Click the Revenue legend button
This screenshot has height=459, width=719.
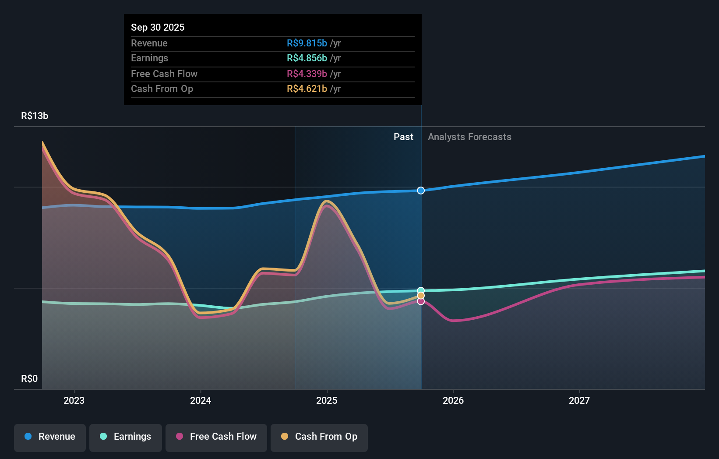tap(50, 437)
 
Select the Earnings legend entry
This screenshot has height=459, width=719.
tap(126, 437)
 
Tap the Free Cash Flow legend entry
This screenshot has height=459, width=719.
tap(216, 437)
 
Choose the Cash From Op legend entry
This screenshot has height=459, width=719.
tap(319, 437)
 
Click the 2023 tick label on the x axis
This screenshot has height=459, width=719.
tap(74, 400)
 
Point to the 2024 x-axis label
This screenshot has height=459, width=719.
tap(201, 400)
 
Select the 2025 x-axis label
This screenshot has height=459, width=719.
tap(327, 400)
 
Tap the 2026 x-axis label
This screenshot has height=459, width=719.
tap(453, 400)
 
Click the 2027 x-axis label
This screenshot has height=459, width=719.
tap(579, 400)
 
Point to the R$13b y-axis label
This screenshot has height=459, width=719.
tap(35, 116)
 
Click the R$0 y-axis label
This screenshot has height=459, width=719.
tap(29, 379)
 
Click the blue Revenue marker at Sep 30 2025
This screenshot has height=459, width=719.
tap(421, 191)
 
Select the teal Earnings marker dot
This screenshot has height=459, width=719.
tap(421, 290)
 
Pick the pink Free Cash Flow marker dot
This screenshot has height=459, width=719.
tap(421, 301)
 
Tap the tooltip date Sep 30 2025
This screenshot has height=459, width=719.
tap(158, 27)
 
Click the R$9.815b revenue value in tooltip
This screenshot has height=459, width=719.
tap(307, 43)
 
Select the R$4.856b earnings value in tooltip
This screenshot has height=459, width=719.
tap(307, 58)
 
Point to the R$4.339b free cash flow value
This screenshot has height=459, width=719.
tap(307, 74)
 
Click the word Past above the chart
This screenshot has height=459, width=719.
tap(403, 137)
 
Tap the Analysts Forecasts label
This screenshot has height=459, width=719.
tap(469, 137)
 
